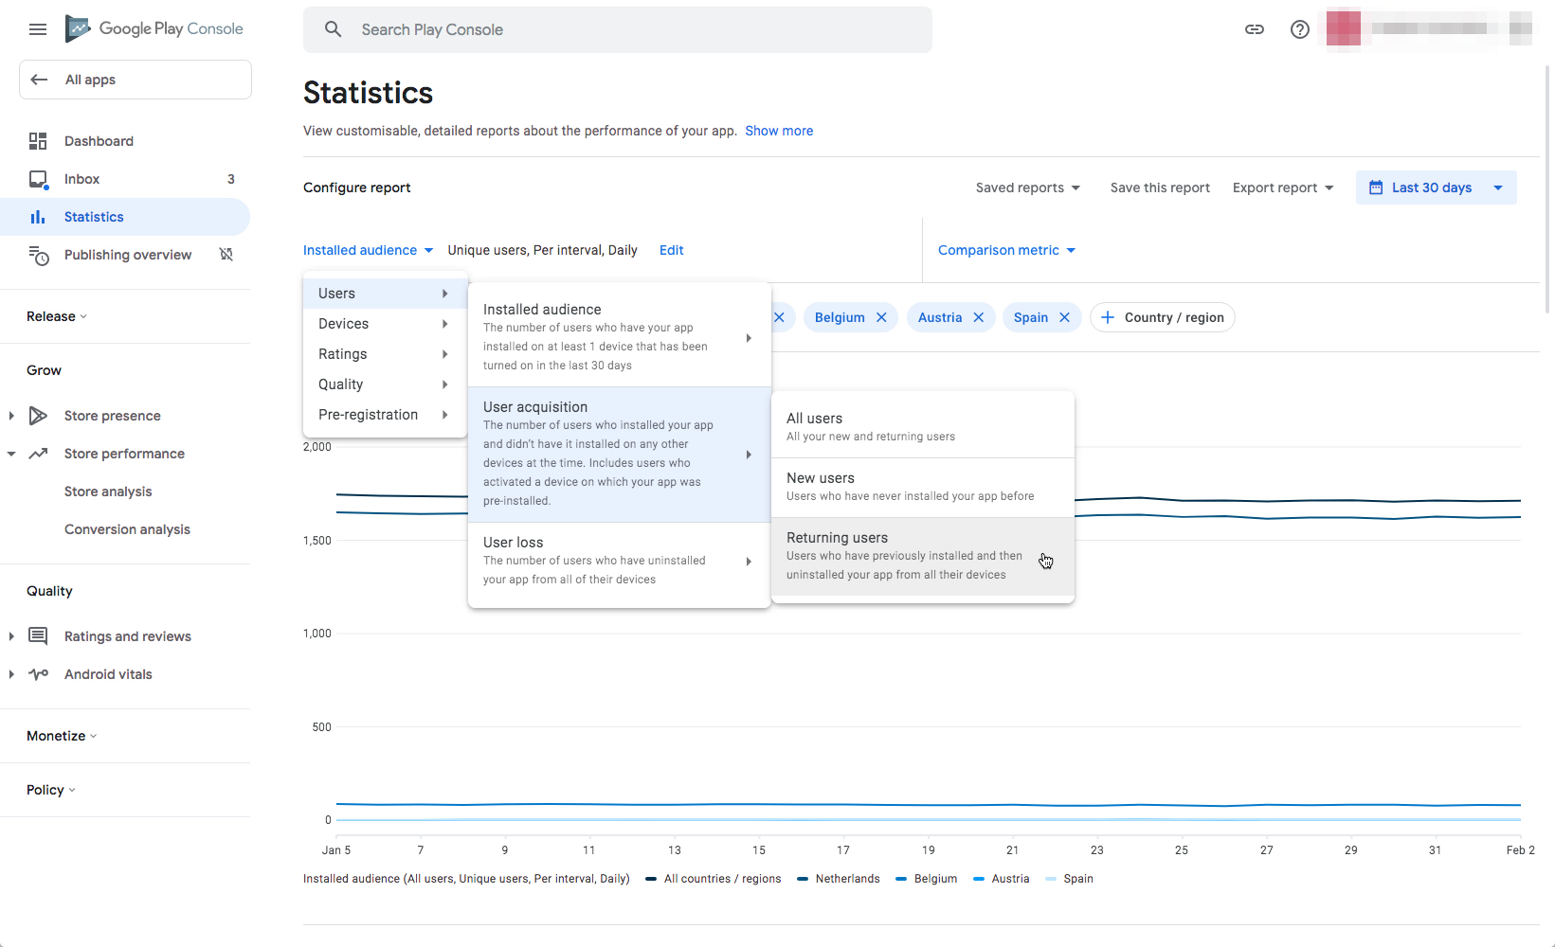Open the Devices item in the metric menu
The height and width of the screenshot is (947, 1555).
point(383,324)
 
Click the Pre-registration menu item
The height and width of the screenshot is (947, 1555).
point(383,415)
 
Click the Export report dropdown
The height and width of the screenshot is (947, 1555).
point(1282,188)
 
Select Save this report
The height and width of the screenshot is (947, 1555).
point(1160,188)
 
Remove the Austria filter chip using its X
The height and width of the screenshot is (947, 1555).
point(979,317)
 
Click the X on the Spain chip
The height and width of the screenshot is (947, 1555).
point(1065,317)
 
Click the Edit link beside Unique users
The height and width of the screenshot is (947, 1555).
point(671,250)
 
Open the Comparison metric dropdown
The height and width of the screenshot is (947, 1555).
point(1006,250)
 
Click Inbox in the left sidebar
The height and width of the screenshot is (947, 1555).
point(82,179)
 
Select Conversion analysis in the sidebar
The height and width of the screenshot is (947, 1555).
point(127,529)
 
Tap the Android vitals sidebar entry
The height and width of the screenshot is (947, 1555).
point(108,674)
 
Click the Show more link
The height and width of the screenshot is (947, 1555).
point(779,131)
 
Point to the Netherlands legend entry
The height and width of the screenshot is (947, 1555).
point(847,879)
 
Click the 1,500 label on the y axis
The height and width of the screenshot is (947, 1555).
point(317,541)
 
